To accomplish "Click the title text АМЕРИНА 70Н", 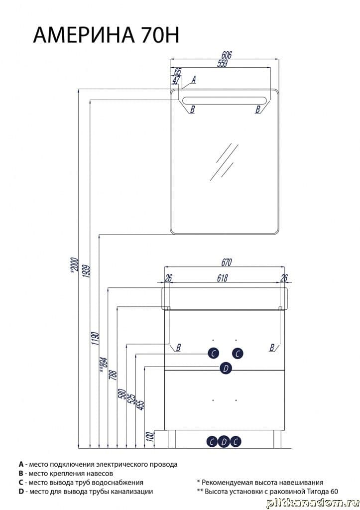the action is (106, 35).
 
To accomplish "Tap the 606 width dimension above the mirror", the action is (226, 55).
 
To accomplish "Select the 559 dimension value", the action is (223, 63).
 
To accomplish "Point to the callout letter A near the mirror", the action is (194, 79).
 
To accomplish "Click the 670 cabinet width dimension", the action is (226, 262).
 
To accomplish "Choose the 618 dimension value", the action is (223, 278).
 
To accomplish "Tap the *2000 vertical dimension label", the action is (75, 265).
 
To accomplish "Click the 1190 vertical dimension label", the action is (95, 339).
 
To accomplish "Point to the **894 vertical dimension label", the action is (103, 363).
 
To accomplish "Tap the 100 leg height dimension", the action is (150, 436).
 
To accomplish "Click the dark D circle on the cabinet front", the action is (226, 369).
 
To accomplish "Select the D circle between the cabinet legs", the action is (224, 442).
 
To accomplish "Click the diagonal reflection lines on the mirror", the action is (224, 161).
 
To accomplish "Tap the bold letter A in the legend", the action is (21, 464).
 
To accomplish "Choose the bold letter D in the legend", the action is (21, 492).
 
